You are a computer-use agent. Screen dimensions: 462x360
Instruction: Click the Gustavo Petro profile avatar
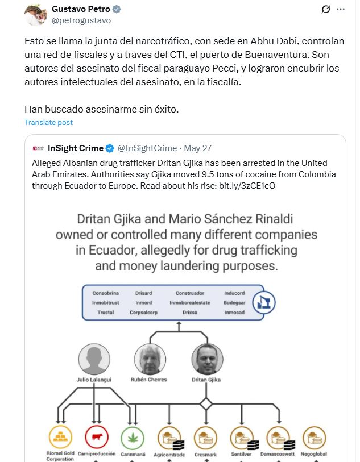(35, 15)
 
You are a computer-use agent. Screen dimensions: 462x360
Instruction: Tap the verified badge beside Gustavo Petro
(117, 10)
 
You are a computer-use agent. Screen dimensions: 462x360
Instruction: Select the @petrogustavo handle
(81, 20)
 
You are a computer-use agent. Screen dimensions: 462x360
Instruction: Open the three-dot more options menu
(341, 9)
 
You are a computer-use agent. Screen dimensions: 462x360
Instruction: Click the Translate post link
(48, 122)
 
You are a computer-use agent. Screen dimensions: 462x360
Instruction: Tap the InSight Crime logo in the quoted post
(39, 148)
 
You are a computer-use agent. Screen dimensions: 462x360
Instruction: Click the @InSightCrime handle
(147, 148)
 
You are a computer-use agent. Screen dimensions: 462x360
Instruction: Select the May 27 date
(198, 148)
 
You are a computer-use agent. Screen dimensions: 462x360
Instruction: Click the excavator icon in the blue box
(264, 302)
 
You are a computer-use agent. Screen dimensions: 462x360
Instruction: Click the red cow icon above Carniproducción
(97, 438)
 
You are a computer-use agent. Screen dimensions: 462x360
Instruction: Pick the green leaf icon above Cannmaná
(133, 438)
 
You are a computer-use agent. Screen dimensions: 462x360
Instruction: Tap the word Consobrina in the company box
(106, 293)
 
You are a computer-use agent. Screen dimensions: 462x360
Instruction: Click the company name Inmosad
(234, 313)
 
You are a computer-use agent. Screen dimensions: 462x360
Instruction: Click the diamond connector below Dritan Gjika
(206, 404)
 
